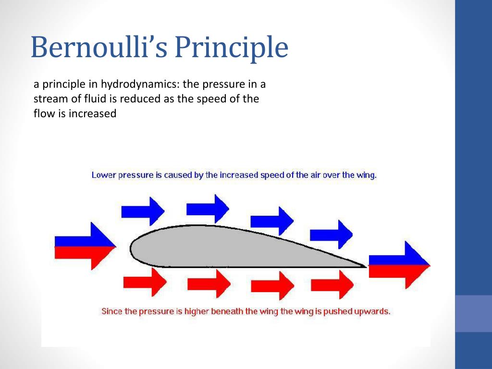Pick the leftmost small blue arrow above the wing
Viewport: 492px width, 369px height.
[x=143, y=211]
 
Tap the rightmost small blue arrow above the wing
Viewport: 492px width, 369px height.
[x=332, y=234]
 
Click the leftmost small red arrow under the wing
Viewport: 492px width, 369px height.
[x=145, y=282]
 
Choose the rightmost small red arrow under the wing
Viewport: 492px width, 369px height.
[x=332, y=284]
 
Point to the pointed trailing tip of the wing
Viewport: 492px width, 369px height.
[x=367, y=267]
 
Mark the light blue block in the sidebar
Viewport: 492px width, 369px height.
[x=473, y=313]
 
